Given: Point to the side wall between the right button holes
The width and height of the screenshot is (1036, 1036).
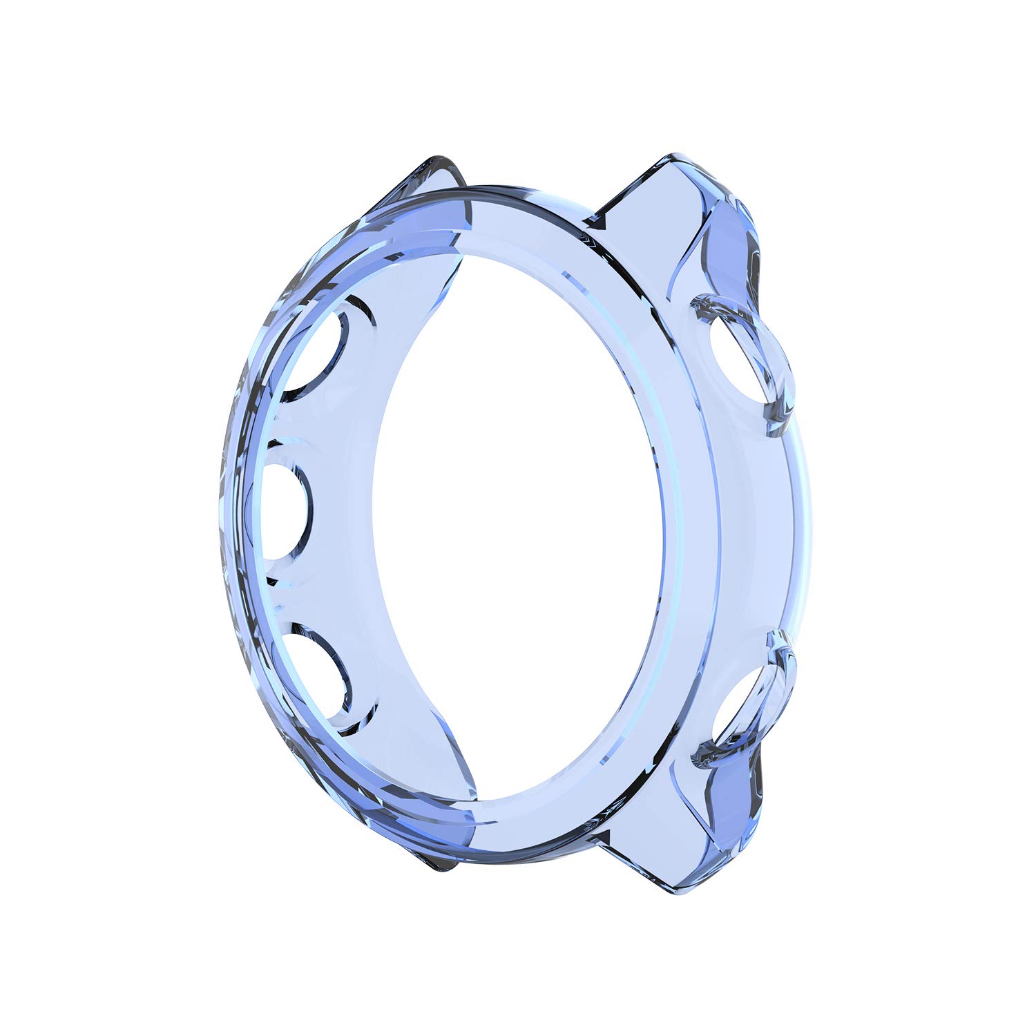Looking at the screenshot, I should [767, 532].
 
